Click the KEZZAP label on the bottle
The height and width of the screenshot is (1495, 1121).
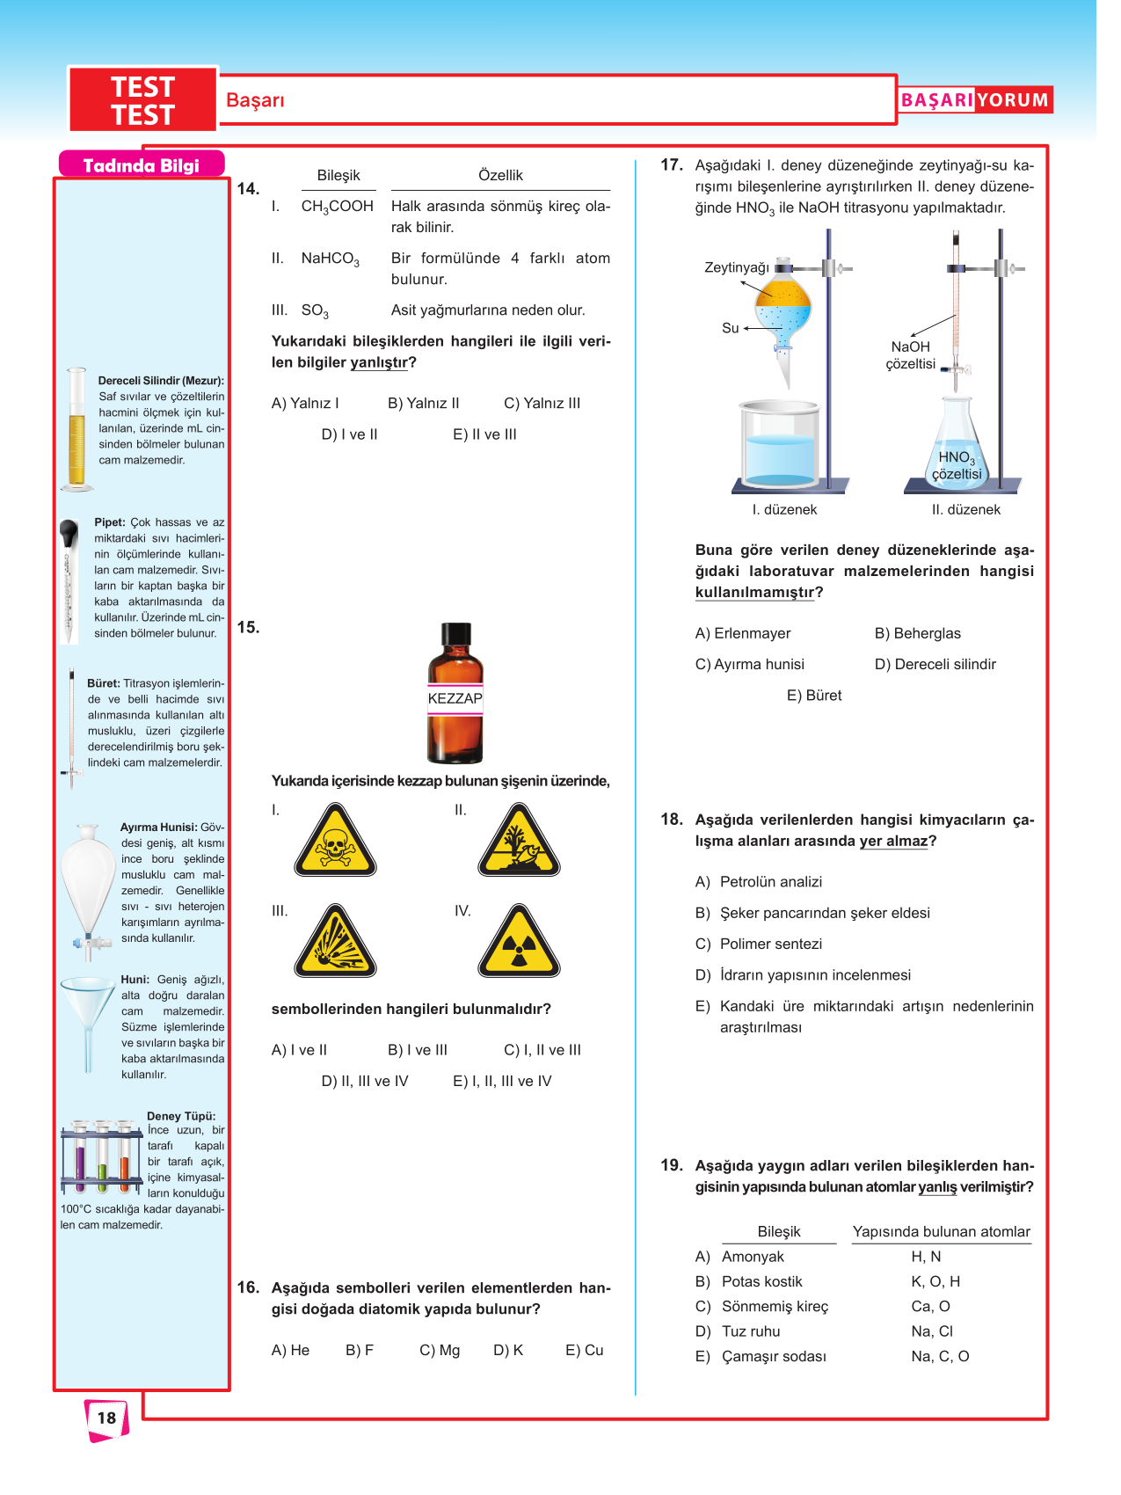click(455, 698)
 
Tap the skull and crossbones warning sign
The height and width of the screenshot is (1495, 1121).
click(335, 842)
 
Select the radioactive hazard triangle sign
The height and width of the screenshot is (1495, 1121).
click(519, 943)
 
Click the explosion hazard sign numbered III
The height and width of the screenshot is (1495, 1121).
click(335, 944)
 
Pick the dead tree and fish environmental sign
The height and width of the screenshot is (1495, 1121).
click(519, 842)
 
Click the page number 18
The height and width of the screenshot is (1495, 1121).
click(106, 1417)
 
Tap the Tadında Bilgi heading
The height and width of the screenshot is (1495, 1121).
click(141, 165)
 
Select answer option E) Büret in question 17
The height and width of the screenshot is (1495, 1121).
click(813, 696)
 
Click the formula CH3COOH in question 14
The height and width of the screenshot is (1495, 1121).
click(337, 207)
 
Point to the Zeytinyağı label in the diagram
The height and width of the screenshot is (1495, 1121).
click(736, 267)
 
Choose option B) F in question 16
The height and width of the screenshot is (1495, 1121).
click(360, 1350)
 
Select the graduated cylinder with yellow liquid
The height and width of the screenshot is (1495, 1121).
click(77, 428)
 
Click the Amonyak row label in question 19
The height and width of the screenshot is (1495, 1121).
click(753, 1257)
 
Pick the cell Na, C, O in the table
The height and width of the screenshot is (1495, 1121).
click(940, 1356)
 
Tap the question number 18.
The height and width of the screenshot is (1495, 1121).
click(672, 820)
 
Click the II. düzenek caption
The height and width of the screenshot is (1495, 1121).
click(965, 510)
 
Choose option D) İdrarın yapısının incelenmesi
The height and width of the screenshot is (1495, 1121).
click(814, 975)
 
